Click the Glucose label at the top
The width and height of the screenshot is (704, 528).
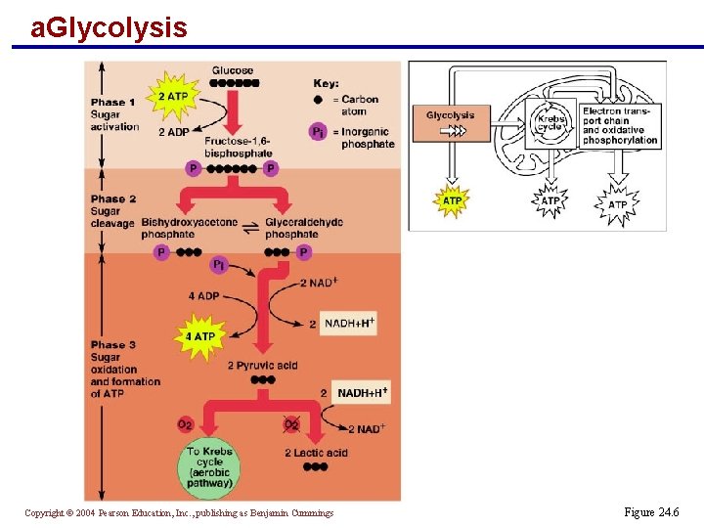232,70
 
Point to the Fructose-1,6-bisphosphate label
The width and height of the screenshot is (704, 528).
238,147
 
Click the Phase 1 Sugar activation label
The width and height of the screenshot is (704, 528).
114,114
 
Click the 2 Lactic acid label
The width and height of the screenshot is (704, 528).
316,453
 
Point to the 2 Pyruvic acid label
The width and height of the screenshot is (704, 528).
262,366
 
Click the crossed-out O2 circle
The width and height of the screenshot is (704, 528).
291,424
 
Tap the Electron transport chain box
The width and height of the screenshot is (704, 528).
620,126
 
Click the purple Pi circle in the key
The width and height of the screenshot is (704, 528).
318,131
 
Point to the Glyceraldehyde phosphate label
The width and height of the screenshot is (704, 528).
304,228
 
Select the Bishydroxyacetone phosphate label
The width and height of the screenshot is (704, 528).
189,228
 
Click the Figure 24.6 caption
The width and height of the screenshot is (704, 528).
650,512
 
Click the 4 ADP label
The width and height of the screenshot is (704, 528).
203,296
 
